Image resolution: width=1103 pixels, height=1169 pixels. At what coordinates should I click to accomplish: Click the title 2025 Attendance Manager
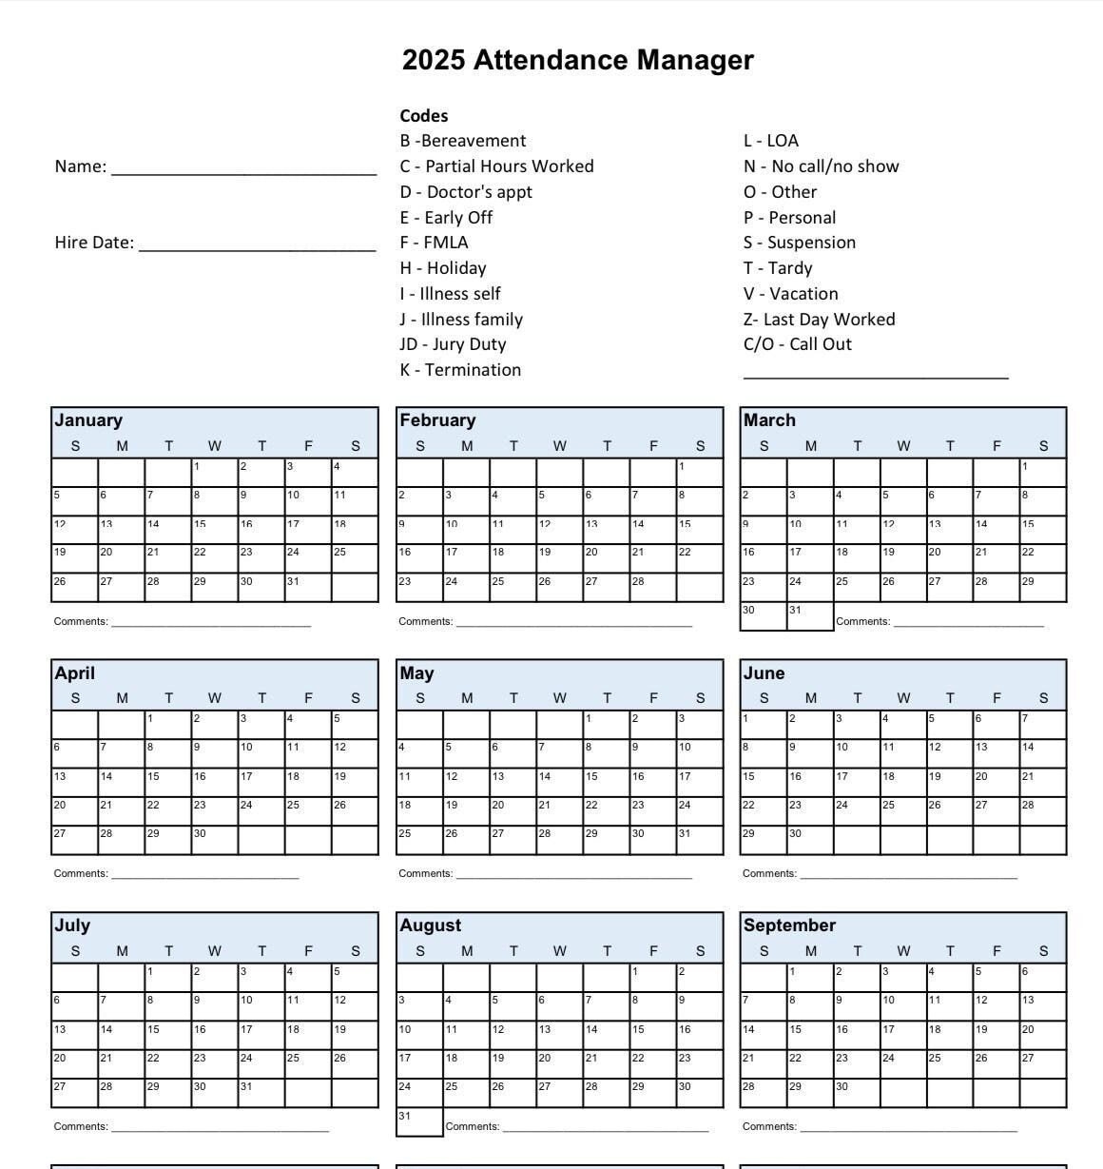click(577, 60)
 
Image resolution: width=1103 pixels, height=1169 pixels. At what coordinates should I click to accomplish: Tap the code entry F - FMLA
click(434, 243)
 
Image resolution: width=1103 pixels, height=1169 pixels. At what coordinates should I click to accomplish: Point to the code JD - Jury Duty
click(453, 344)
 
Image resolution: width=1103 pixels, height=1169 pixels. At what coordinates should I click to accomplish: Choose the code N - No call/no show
click(821, 166)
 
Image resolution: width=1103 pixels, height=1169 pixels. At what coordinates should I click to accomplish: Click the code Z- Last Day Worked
click(819, 320)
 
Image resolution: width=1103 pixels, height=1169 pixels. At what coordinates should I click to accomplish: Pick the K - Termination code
click(460, 370)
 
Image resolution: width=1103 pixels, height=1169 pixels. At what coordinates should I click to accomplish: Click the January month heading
click(88, 420)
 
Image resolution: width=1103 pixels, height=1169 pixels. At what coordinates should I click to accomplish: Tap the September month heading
click(789, 925)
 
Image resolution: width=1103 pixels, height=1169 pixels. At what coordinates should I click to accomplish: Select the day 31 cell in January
click(307, 587)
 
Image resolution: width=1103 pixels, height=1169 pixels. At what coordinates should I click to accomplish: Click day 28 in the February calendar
click(653, 587)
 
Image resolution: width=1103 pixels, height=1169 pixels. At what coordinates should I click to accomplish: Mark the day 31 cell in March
click(810, 615)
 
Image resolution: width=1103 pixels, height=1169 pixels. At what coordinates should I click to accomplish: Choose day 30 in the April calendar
click(214, 839)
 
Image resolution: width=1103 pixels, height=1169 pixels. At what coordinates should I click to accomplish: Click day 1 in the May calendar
click(607, 724)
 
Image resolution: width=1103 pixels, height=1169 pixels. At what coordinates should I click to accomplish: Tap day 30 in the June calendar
click(810, 839)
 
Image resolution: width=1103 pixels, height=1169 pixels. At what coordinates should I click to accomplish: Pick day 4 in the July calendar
click(307, 977)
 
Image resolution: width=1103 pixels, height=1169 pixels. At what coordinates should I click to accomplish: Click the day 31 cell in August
click(419, 1121)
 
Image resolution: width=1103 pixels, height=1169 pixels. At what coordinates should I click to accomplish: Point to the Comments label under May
click(426, 873)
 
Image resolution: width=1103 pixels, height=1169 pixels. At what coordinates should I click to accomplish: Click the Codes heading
click(424, 116)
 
